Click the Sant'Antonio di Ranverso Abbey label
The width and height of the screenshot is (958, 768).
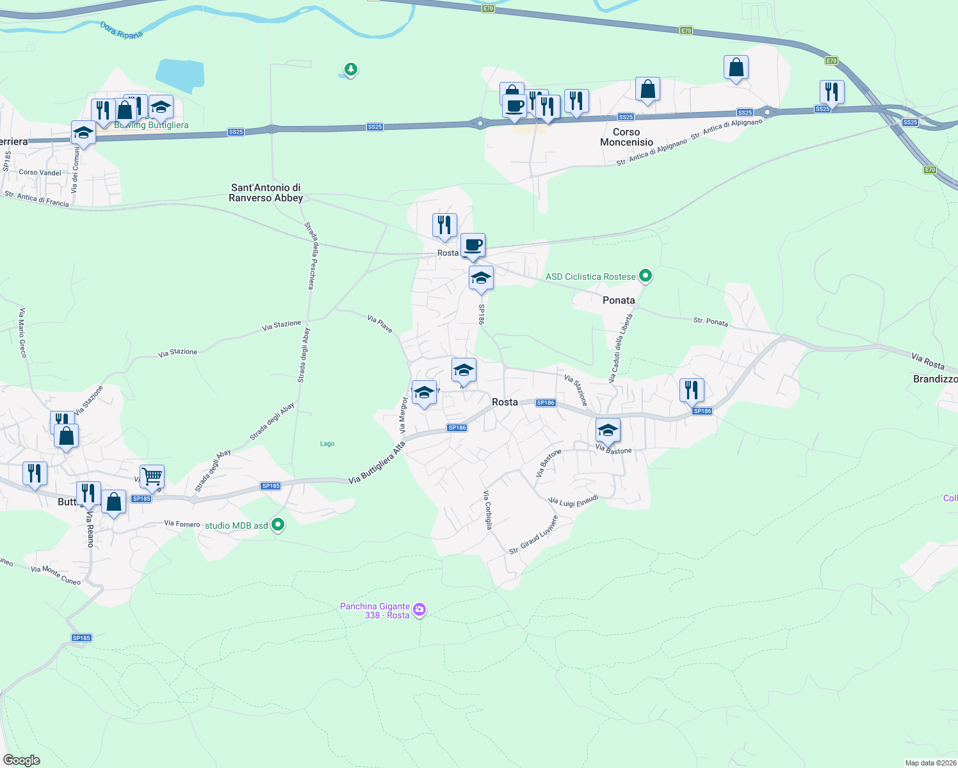[x=266, y=193]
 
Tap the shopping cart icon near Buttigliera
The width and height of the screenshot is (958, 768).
[x=152, y=476]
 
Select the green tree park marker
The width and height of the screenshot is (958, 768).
[x=350, y=69]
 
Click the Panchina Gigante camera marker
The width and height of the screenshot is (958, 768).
[x=419, y=610]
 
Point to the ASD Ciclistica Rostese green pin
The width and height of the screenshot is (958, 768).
[x=645, y=276]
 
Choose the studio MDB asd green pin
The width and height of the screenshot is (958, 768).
[x=278, y=525]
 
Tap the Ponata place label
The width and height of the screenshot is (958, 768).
[x=619, y=300]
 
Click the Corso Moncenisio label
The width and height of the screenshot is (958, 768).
[x=626, y=137]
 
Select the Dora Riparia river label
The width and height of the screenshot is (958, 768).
[x=122, y=30]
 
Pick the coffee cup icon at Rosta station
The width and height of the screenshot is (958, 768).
[x=473, y=245]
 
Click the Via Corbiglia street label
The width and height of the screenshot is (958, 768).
[x=488, y=509]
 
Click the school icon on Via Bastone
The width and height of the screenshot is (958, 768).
[x=607, y=430]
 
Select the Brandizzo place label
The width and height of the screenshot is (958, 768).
[x=935, y=379]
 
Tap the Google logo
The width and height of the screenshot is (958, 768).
[x=22, y=760]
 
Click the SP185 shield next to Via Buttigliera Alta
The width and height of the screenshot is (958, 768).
[x=271, y=486]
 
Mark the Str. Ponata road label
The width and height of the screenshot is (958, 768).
[x=711, y=321]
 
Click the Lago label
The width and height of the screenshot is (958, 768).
[x=327, y=444]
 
